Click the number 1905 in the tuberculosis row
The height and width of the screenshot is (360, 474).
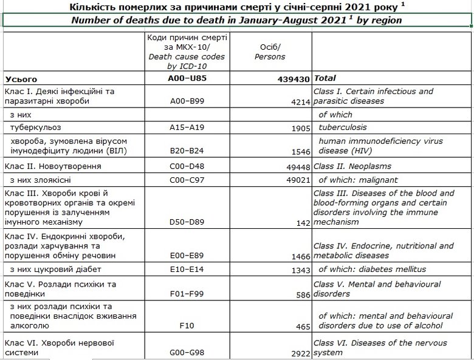pos(298,128)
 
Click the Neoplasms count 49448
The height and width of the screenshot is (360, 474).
pos(296,166)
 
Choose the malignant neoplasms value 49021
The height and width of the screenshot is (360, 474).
pos(296,180)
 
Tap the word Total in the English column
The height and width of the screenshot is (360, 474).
pos(325,79)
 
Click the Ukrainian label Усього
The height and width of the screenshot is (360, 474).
pos(21,79)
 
